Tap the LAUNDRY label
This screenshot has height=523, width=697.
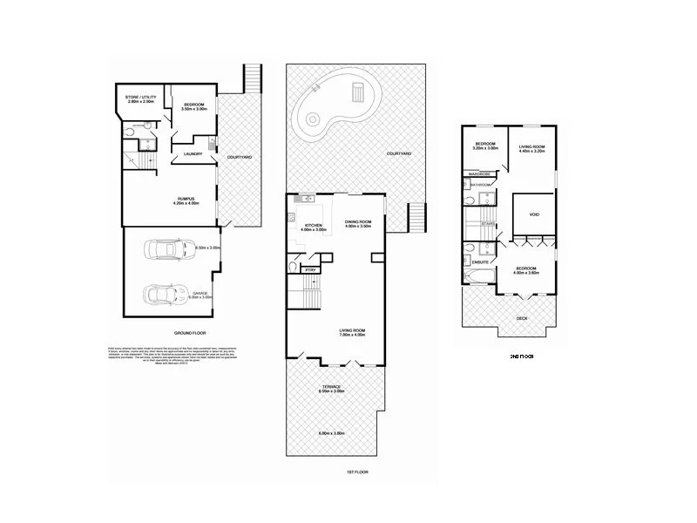193,154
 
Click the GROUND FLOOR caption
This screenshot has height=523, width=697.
189,333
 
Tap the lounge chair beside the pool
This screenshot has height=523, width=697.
357,92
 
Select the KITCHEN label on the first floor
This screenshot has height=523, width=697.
312,226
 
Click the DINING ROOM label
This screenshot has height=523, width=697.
358,221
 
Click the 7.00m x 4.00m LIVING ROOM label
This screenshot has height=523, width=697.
352,331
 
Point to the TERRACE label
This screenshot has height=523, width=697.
331,385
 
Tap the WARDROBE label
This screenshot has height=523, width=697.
477,174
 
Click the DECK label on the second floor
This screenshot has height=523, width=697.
521,318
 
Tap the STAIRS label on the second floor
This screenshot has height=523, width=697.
488,223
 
